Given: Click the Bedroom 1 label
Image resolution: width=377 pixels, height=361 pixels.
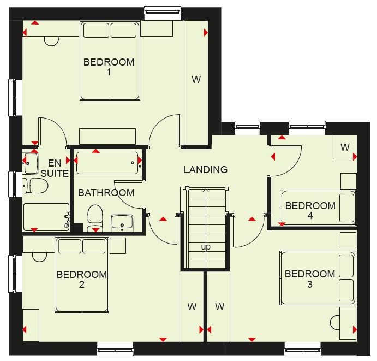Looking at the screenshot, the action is pyautogui.click(x=109, y=67).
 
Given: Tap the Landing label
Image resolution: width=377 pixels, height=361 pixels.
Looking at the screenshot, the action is pyautogui.click(x=206, y=170).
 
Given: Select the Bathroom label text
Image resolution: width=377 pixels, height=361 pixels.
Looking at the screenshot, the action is pyautogui.click(x=106, y=193).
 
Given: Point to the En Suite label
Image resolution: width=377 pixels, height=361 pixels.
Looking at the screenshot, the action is pyautogui.click(x=55, y=168).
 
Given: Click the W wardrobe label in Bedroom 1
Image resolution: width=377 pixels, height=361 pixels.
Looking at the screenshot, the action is pyautogui.click(x=196, y=79).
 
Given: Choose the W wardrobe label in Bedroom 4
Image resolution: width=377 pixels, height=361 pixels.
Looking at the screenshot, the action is pyautogui.click(x=345, y=147).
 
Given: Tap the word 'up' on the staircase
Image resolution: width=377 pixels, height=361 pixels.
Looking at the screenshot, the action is pyautogui.click(x=206, y=247).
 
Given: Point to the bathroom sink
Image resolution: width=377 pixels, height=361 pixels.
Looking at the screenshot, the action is pyautogui.click(x=122, y=223).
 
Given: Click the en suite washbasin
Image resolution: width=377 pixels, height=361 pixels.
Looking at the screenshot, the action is pyautogui.click(x=31, y=163).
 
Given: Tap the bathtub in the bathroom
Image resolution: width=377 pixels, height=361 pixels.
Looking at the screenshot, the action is pyautogui.click(x=107, y=163).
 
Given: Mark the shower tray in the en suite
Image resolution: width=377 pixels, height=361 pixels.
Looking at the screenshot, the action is pyautogui.click(x=46, y=217).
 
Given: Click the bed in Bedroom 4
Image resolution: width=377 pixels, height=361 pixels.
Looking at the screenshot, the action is pyautogui.click(x=318, y=208).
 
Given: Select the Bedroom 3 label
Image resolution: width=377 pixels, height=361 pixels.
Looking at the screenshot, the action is pyautogui.click(x=310, y=279).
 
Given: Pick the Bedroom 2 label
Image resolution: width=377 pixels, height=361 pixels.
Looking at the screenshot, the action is pyautogui.click(x=82, y=280).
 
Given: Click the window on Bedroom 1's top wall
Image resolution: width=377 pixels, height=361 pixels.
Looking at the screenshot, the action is pyautogui.click(x=163, y=14).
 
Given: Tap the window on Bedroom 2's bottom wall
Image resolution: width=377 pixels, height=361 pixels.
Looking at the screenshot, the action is pyautogui.click(x=115, y=349).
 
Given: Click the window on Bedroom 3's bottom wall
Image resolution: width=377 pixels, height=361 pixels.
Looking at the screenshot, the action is pyautogui.click(x=302, y=349).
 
